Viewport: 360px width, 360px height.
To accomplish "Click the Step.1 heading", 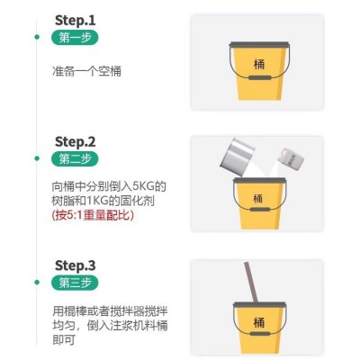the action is (x=75, y=21).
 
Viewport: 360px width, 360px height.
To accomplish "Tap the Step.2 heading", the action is (x=75, y=141).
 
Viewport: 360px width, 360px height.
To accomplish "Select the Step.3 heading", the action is (x=75, y=265).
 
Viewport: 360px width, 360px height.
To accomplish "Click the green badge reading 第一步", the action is (x=75, y=38).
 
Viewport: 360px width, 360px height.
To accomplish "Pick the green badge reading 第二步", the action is (x=75, y=158).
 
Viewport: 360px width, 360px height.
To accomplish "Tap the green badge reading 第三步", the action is (x=75, y=283).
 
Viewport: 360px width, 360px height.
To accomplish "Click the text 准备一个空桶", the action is (x=86, y=71).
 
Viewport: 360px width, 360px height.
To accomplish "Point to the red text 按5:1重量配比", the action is (x=93, y=215).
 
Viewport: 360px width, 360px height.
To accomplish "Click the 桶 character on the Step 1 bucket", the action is (x=259, y=64).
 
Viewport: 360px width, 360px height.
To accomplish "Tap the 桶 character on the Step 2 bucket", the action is (x=258, y=199).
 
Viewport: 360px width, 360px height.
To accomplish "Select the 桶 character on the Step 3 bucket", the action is (x=259, y=322).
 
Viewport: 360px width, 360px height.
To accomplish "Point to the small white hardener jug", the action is (x=291, y=157).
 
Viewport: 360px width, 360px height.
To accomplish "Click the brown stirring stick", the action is (x=251, y=282).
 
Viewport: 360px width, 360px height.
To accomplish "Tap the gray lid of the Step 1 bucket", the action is (x=259, y=44).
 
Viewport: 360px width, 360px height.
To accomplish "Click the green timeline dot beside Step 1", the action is (x=37, y=37).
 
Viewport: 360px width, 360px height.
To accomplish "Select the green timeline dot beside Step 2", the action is (x=37, y=158).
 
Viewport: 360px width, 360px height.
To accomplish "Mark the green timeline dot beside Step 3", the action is (x=37, y=283).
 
